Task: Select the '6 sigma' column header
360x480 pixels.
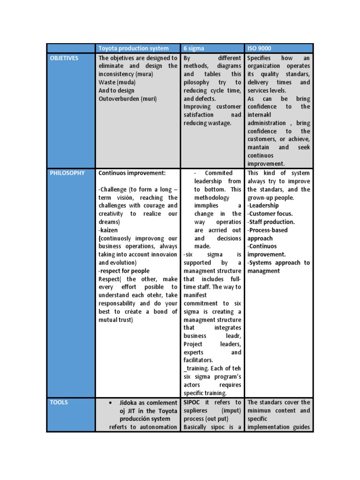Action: pos(194,48)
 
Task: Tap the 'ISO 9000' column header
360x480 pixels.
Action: pos(259,48)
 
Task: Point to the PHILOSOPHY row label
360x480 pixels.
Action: pos(67,173)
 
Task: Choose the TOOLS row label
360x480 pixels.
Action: pos(59,402)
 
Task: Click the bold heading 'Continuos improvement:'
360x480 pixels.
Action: pos(132,173)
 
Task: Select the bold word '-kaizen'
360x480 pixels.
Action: pos(108,230)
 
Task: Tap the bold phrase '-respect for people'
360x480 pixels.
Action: pos(124,271)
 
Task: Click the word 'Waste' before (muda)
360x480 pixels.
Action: pos(107,82)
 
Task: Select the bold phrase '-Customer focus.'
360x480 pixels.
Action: pos(270,214)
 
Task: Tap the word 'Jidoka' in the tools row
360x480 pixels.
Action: pos(129,403)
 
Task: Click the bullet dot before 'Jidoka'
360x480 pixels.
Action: pos(110,403)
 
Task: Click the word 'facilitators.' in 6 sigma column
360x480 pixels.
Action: pos(198,360)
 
